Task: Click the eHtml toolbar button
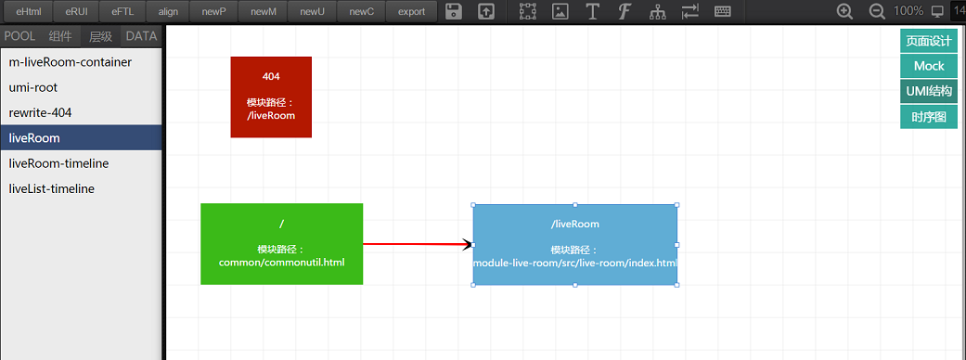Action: [x=29, y=11]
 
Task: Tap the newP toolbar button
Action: [x=213, y=11]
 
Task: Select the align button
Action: [x=168, y=11]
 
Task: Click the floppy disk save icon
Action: [x=454, y=11]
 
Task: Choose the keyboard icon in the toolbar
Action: [x=723, y=11]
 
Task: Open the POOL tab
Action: [x=19, y=36]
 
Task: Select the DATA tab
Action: [x=141, y=36]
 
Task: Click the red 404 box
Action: [x=271, y=96]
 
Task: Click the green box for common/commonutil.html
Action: [x=281, y=243]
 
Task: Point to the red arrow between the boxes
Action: [x=418, y=244]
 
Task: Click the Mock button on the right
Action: [x=929, y=66]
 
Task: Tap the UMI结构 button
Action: [x=929, y=91]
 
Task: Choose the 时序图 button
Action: [x=929, y=117]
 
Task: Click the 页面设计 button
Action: [x=929, y=41]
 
